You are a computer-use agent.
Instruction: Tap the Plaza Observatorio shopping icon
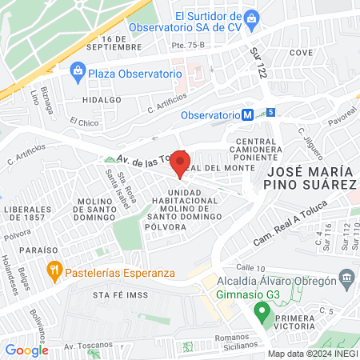tap(78, 71)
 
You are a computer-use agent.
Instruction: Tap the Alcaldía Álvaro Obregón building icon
tap(346, 279)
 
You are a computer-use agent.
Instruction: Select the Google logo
tap(26, 350)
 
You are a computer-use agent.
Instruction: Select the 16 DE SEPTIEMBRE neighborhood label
tap(122, 42)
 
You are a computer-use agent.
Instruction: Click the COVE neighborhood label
tap(301, 52)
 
